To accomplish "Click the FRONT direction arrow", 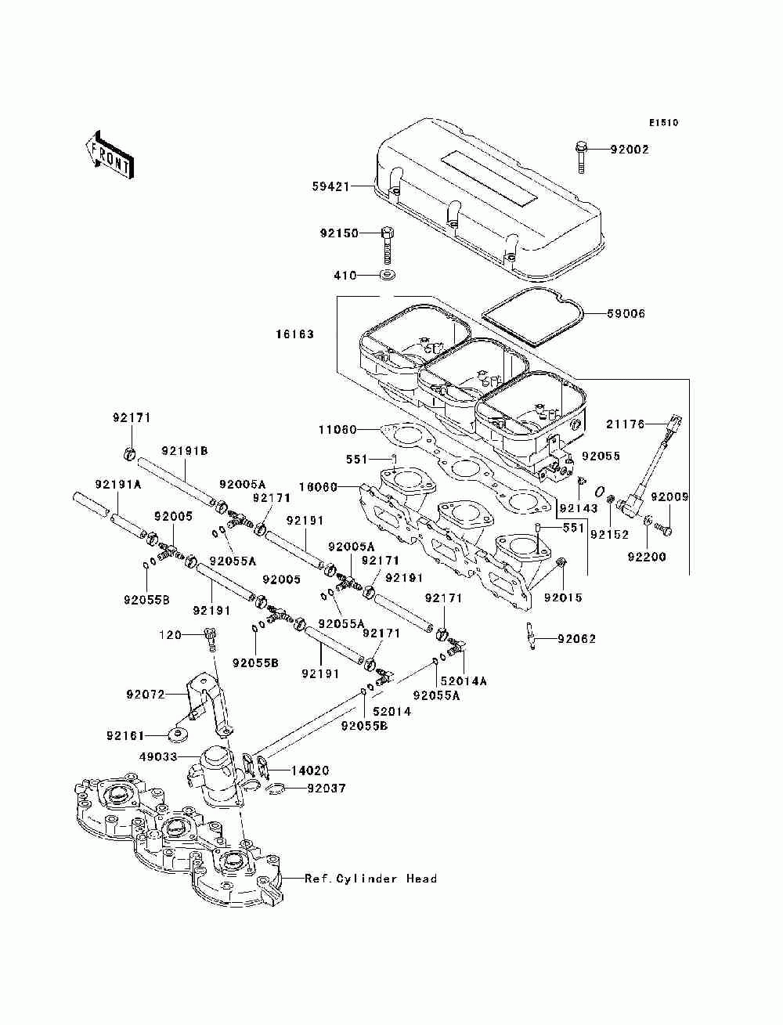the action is pyautogui.click(x=110, y=154).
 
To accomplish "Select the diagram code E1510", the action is pyautogui.click(x=663, y=123).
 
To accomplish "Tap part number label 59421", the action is pyautogui.click(x=330, y=187).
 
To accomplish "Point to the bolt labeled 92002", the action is pyautogui.click(x=581, y=157).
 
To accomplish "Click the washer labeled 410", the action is pyautogui.click(x=387, y=275).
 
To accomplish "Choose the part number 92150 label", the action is pyautogui.click(x=339, y=233).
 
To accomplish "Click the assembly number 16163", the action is pyautogui.click(x=294, y=334).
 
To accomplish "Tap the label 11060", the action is pyautogui.click(x=337, y=429).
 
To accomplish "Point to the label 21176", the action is pyautogui.click(x=625, y=424).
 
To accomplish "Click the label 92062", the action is pyautogui.click(x=576, y=639).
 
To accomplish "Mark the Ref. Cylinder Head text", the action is pyautogui.click(x=370, y=879).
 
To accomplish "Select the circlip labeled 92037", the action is pyautogui.click(x=275, y=789).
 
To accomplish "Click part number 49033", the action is pyautogui.click(x=158, y=756).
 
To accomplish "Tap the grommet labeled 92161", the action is pyautogui.click(x=179, y=736).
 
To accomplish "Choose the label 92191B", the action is pyautogui.click(x=185, y=450).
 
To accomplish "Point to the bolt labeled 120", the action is pyautogui.click(x=211, y=640).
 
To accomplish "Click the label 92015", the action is pyautogui.click(x=563, y=597).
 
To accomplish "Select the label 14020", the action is pyautogui.click(x=310, y=770).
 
